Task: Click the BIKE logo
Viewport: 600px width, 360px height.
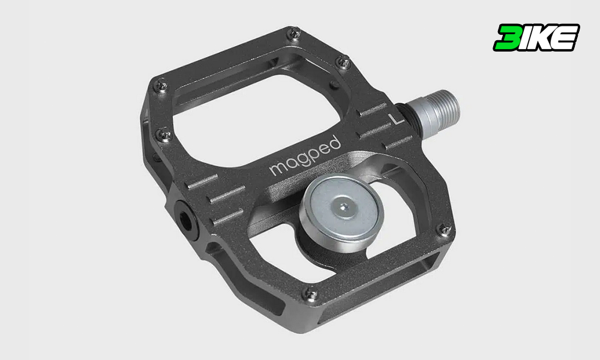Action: (536, 37)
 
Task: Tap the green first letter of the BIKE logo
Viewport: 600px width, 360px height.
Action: (508, 37)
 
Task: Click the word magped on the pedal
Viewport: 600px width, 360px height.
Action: (305, 156)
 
